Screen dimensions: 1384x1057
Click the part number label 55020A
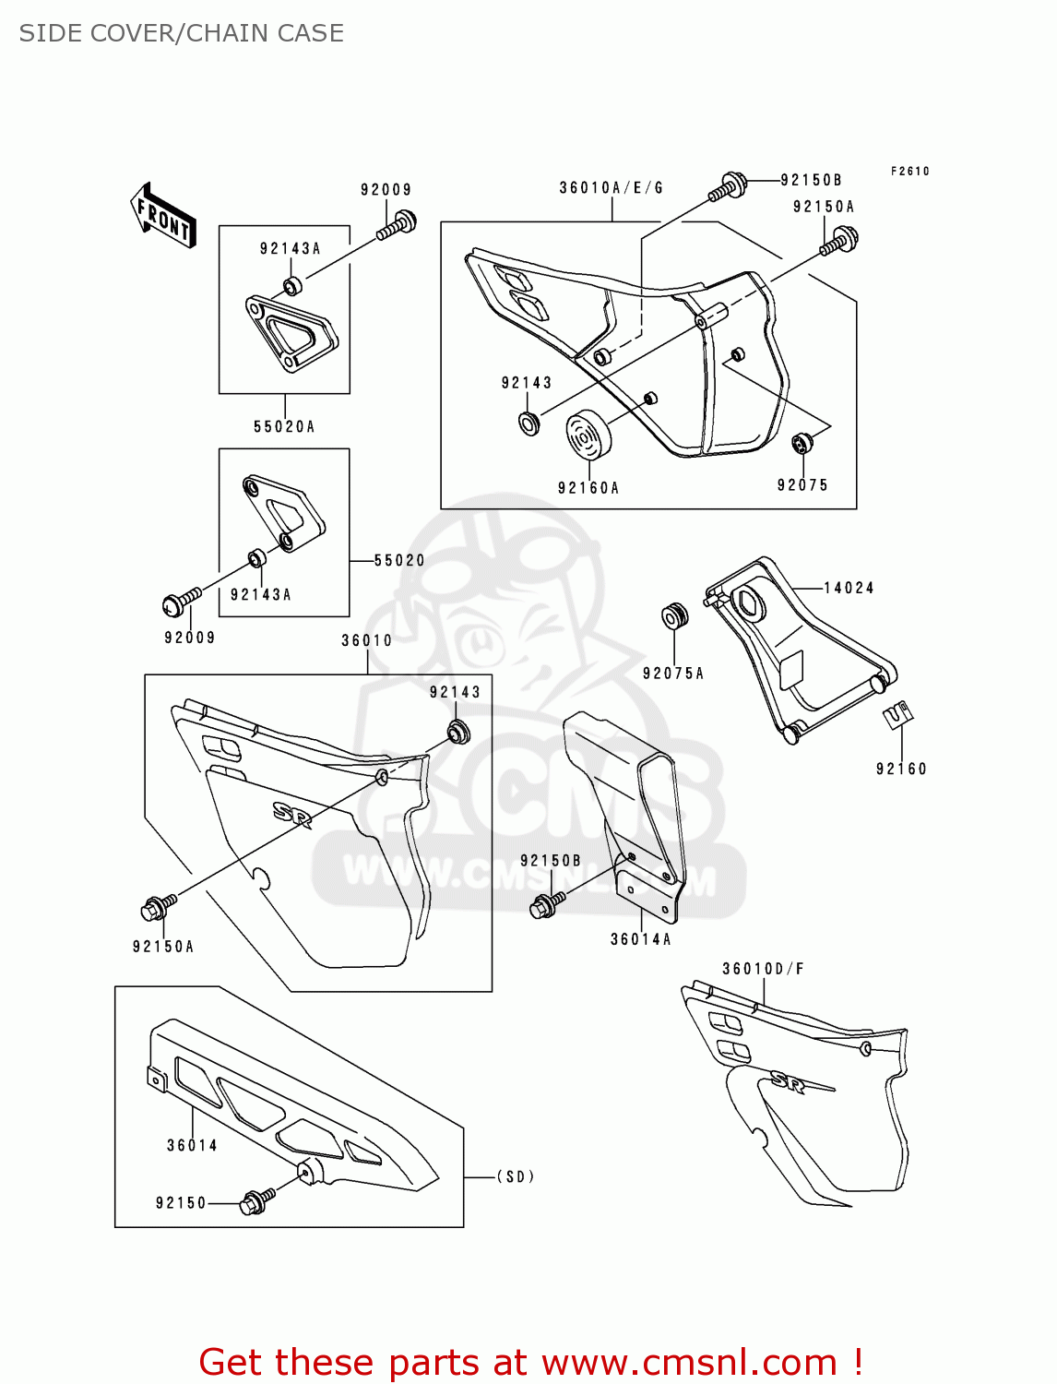point(284,426)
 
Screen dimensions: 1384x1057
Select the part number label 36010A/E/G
point(612,188)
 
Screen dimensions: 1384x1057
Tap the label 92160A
point(588,488)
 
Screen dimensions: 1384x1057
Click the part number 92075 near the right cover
point(802,485)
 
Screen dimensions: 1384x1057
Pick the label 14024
point(849,588)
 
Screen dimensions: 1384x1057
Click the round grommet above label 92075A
point(675,616)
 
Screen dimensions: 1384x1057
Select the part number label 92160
point(901,769)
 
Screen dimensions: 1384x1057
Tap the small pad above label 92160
point(897,715)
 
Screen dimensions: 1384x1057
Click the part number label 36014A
point(641,939)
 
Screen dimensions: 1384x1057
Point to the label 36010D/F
point(763,969)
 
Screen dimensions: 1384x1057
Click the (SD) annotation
point(516,1176)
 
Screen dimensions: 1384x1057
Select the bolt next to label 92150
point(255,1201)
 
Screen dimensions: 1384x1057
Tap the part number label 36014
point(192,1145)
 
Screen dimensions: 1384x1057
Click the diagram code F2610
point(910,172)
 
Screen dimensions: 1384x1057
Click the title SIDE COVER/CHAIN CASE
point(182,33)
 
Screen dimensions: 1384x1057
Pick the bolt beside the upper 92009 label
point(398,224)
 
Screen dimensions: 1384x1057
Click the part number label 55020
point(399,560)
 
